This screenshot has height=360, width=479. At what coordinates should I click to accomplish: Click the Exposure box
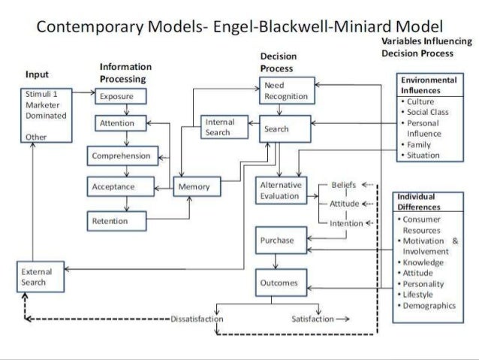[119, 95]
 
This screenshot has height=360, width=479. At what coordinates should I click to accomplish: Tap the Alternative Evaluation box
[281, 189]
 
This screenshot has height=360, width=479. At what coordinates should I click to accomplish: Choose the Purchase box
[277, 241]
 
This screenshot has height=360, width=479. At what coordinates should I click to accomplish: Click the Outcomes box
[279, 283]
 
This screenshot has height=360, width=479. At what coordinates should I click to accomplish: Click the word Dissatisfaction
[197, 319]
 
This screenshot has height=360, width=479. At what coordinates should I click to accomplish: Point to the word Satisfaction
[312, 319]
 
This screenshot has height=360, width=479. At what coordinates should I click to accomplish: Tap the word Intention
[345, 223]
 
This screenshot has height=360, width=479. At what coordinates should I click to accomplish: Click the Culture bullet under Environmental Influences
[423, 101]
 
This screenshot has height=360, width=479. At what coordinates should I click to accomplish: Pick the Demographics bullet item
[429, 306]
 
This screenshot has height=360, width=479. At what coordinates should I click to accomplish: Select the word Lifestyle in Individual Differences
[422, 295]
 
